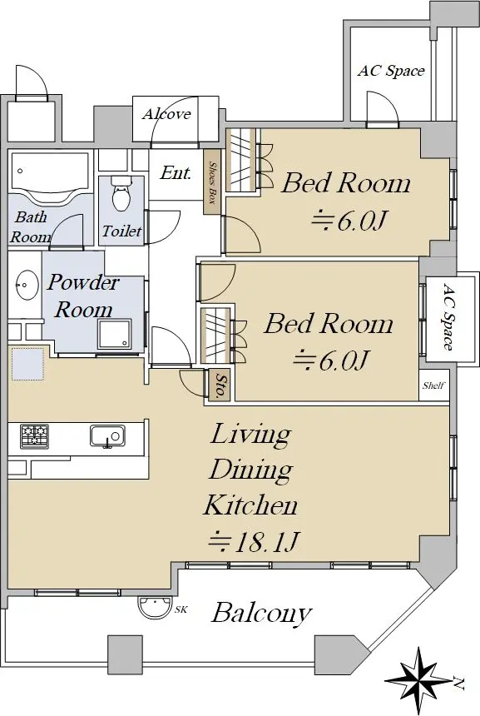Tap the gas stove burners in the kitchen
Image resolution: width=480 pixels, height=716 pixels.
coord(34,435)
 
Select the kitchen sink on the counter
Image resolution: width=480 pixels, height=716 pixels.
coord(107,436)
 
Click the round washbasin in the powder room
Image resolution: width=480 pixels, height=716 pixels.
coord(27,286)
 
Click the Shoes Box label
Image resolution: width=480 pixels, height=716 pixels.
coord(213,182)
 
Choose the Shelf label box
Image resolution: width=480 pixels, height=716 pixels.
coord(433,385)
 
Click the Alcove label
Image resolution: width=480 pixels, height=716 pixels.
coord(166,113)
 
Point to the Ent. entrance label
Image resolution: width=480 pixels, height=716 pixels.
coord(176,172)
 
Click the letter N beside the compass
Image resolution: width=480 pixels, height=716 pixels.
coord(458,684)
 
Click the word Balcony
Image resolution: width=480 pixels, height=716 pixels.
coord(261,614)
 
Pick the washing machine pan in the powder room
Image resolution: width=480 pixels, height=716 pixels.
coord(114,335)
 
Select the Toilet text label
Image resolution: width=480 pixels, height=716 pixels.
coord(121,231)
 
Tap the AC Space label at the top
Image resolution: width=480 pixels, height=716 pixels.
coord(391,71)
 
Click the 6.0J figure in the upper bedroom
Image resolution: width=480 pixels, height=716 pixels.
coord(349,221)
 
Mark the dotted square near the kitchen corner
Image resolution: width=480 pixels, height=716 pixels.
coord(27,364)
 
